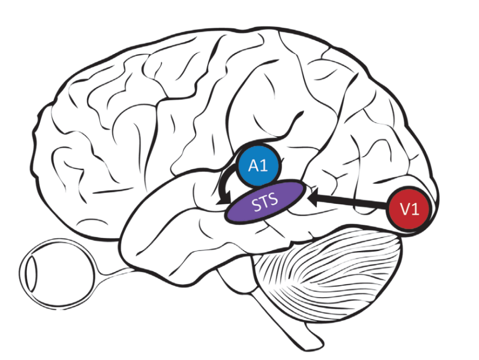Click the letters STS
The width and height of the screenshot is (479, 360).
(265, 202)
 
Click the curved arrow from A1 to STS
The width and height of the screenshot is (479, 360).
(225, 183)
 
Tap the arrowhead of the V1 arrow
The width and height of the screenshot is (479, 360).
(313, 199)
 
